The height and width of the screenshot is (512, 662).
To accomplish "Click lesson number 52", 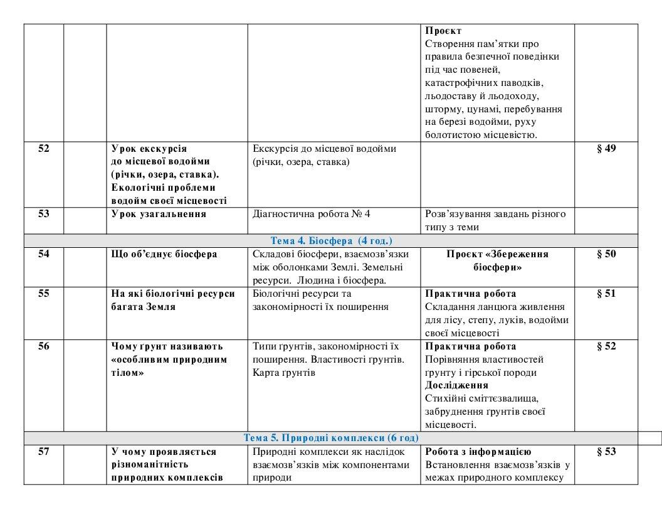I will [44, 148].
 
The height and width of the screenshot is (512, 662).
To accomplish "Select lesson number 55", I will [44, 294].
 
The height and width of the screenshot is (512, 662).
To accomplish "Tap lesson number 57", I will [44, 452].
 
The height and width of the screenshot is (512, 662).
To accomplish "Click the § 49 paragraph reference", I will [606, 148].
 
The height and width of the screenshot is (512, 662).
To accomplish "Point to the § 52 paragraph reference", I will [606, 346].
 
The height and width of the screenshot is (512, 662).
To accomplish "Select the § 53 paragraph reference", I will [606, 452].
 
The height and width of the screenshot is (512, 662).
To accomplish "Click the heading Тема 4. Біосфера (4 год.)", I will [331, 241].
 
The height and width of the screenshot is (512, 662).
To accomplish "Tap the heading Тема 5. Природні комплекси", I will [331, 438].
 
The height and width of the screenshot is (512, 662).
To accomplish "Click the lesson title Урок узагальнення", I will [159, 214].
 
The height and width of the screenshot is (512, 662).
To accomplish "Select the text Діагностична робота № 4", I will [311, 214].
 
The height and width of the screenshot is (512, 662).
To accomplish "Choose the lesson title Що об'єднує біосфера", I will [164, 254].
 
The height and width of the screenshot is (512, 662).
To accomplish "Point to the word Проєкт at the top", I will [443, 31].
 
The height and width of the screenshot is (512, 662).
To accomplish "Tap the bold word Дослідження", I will [456, 385].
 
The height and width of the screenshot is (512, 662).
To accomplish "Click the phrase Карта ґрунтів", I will [283, 373].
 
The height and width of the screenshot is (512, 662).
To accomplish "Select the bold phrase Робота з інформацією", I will [478, 452].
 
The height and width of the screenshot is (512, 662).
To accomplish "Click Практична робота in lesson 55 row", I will [471, 294].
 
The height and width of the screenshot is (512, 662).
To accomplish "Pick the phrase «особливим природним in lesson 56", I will [169, 360].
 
